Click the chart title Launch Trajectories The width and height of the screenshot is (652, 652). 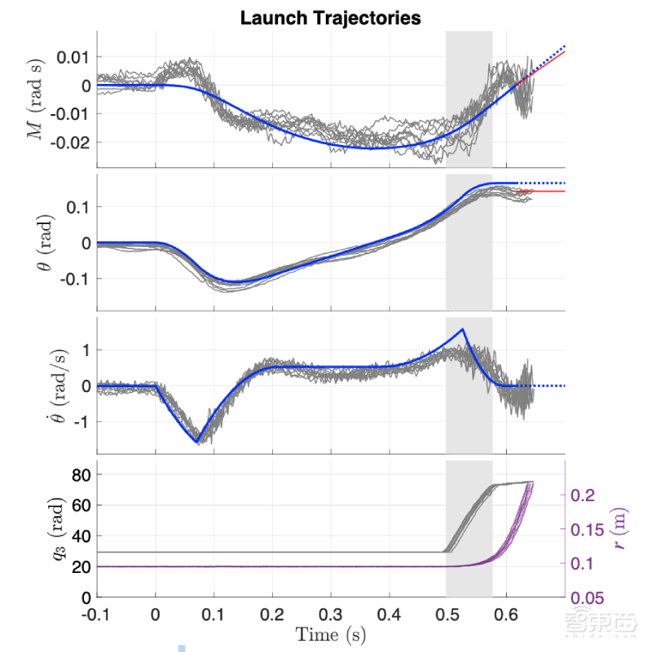click(x=330, y=17)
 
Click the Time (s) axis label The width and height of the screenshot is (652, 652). click(x=330, y=634)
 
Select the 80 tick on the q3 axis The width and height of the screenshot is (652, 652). click(x=80, y=474)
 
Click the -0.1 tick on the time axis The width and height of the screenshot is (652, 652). click(x=96, y=612)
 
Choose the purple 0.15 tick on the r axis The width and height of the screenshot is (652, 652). click(x=589, y=530)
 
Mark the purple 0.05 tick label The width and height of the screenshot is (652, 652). click(x=589, y=598)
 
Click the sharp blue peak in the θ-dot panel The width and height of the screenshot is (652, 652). click(x=463, y=329)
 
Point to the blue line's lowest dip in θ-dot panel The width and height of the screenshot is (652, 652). click(x=197, y=442)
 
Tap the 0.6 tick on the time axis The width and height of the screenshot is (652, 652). click(x=507, y=612)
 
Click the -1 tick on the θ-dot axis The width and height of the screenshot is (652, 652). click(x=81, y=421)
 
